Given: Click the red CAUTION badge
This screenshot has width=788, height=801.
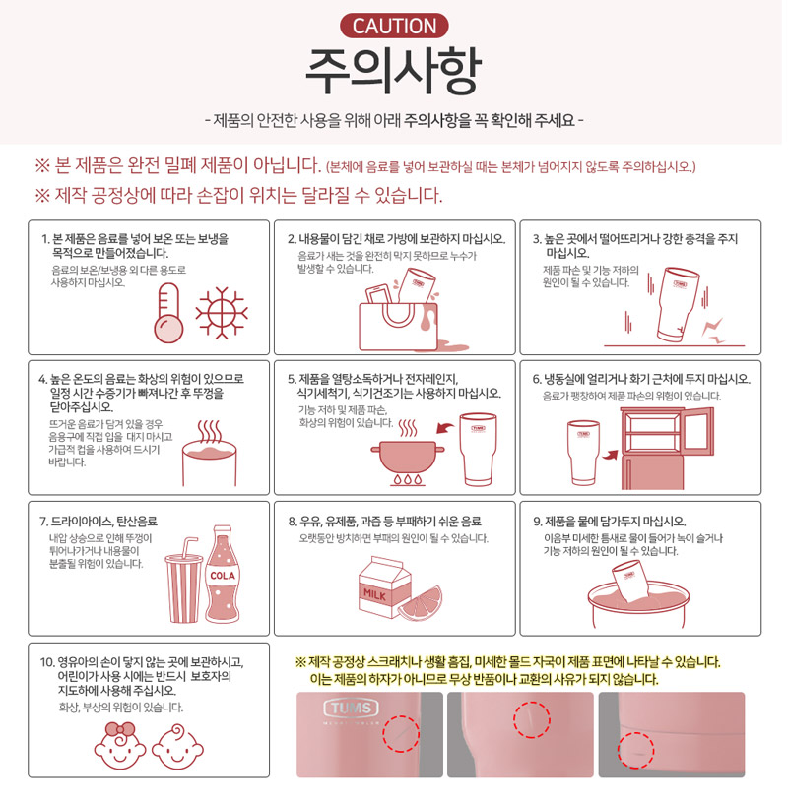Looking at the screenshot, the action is [x=394, y=26].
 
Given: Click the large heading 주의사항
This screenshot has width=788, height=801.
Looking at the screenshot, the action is [x=393, y=71].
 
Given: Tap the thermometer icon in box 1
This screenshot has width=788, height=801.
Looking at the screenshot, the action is [x=168, y=313].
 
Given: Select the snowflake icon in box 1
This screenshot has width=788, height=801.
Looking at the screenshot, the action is [x=222, y=313].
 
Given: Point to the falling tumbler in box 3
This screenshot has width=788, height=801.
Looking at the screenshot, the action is [x=678, y=304].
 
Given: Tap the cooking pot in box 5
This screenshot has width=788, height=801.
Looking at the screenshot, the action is [x=408, y=458].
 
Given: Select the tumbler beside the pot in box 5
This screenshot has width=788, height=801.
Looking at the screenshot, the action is [x=478, y=450].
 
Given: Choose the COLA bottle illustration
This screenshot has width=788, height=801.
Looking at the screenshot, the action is [x=223, y=575].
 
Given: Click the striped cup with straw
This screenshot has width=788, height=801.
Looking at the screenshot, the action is [x=184, y=583].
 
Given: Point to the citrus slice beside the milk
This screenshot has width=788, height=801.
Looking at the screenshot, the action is [x=421, y=604].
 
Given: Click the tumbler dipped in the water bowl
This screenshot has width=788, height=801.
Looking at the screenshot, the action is [x=631, y=581].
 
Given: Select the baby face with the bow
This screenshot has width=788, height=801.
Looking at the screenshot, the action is [x=120, y=746].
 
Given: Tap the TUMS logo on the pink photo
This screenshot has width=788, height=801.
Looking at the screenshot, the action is [x=351, y=709].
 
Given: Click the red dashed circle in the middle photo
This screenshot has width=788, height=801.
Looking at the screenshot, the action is [x=532, y=719].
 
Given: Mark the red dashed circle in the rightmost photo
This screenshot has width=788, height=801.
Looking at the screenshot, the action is [x=635, y=751].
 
